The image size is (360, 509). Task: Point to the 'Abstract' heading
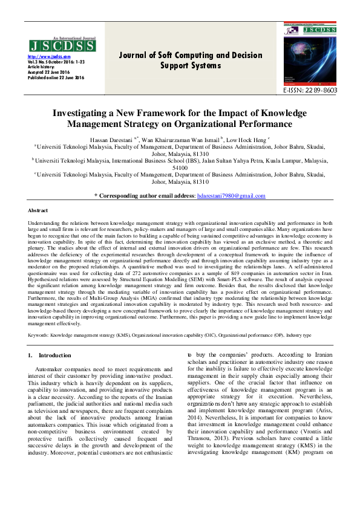tap(39, 210)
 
